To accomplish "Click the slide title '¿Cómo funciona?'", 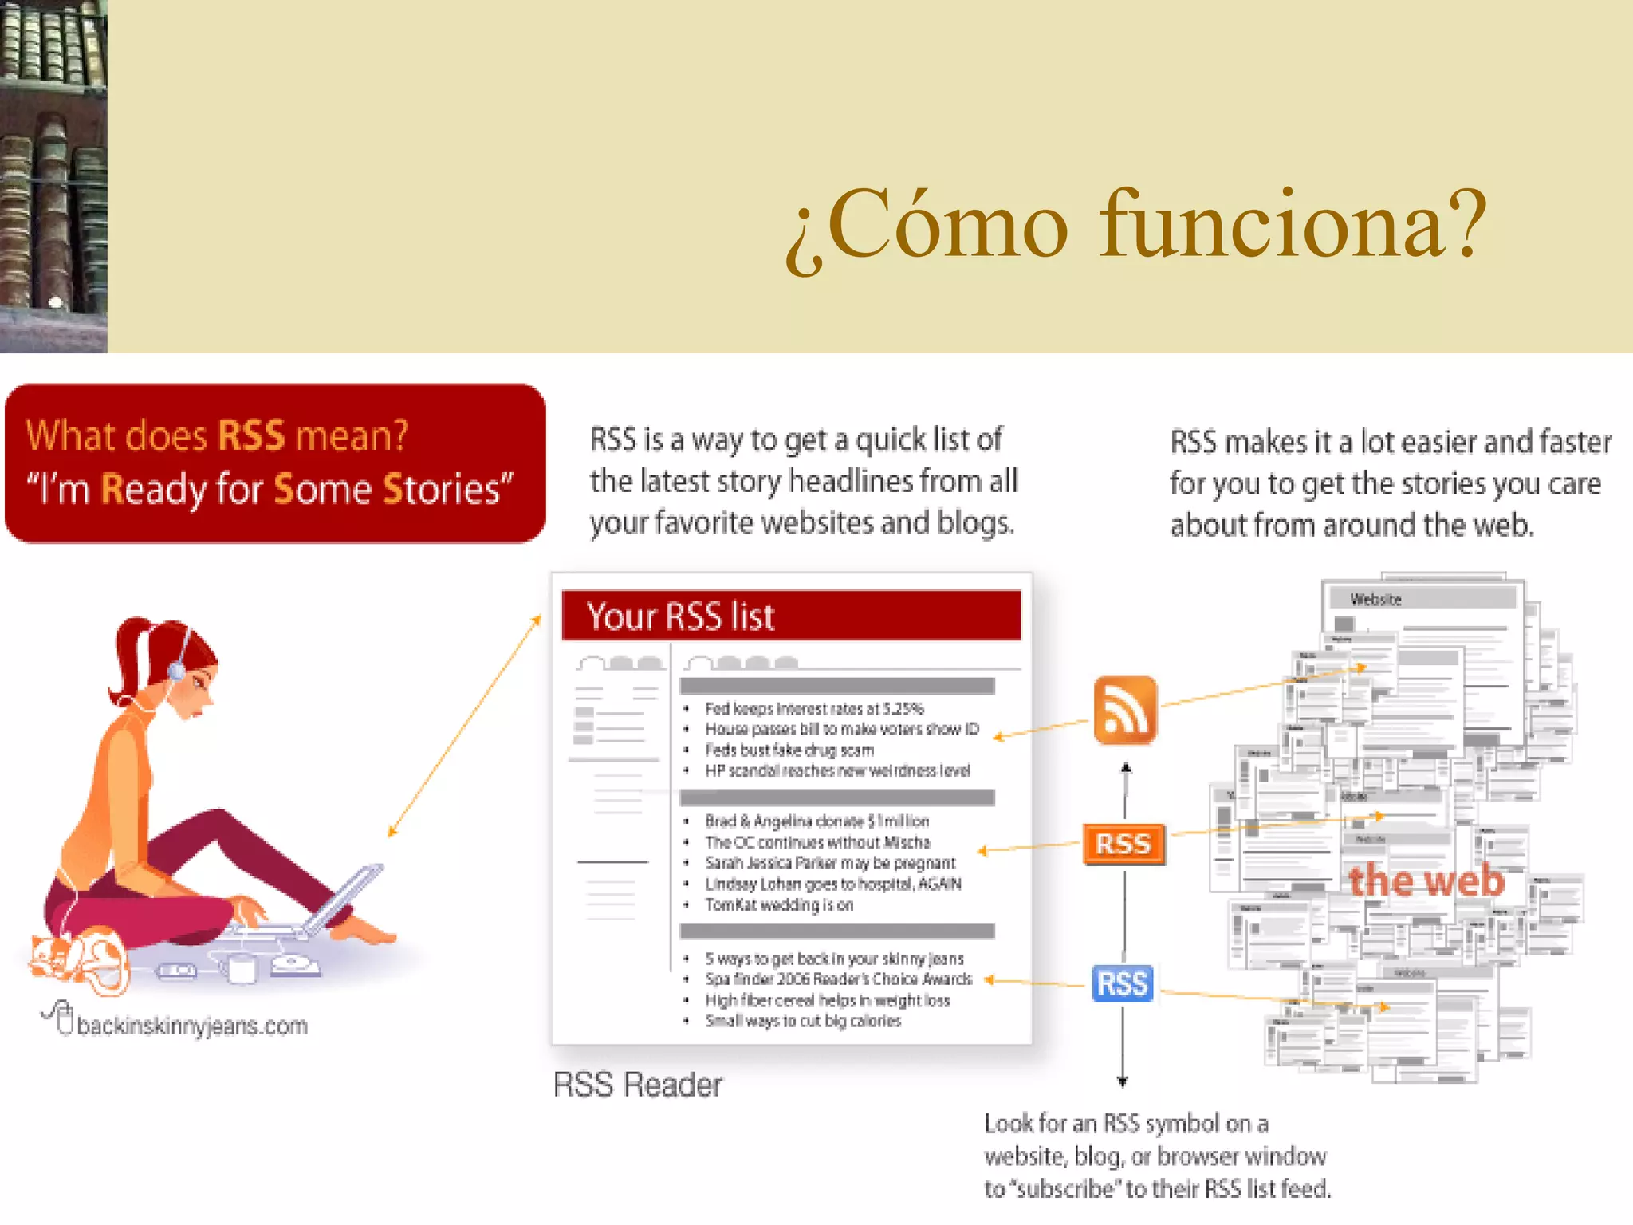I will pyautogui.click(x=1135, y=226).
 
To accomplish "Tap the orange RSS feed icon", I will pyautogui.click(x=1124, y=710).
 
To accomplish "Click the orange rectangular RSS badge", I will pyautogui.click(x=1123, y=844).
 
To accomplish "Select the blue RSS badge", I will pyautogui.click(x=1122, y=983).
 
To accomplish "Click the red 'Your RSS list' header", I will pyautogui.click(x=791, y=616).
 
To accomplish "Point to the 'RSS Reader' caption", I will pyautogui.click(x=637, y=1085).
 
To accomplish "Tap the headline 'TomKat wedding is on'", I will pyautogui.click(x=779, y=905).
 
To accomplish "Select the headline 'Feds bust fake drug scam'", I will pyautogui.click(x=789, y=750).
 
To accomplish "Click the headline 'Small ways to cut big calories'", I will pyautogui.click(x=803, y=1022).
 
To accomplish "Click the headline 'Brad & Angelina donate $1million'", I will pyautogui.click(x=816, y=821).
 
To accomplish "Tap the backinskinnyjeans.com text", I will pyautogui.click(x=191, y=1026).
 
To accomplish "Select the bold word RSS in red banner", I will pyautogui.click(x=251, y=436).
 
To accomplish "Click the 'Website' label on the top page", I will pyautogui.click(x=1375, y=600).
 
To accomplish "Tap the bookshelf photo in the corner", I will pyautogui.click(x=53, y=175).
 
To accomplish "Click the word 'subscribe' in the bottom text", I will pyautogui.click(x=1068, y=1189).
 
